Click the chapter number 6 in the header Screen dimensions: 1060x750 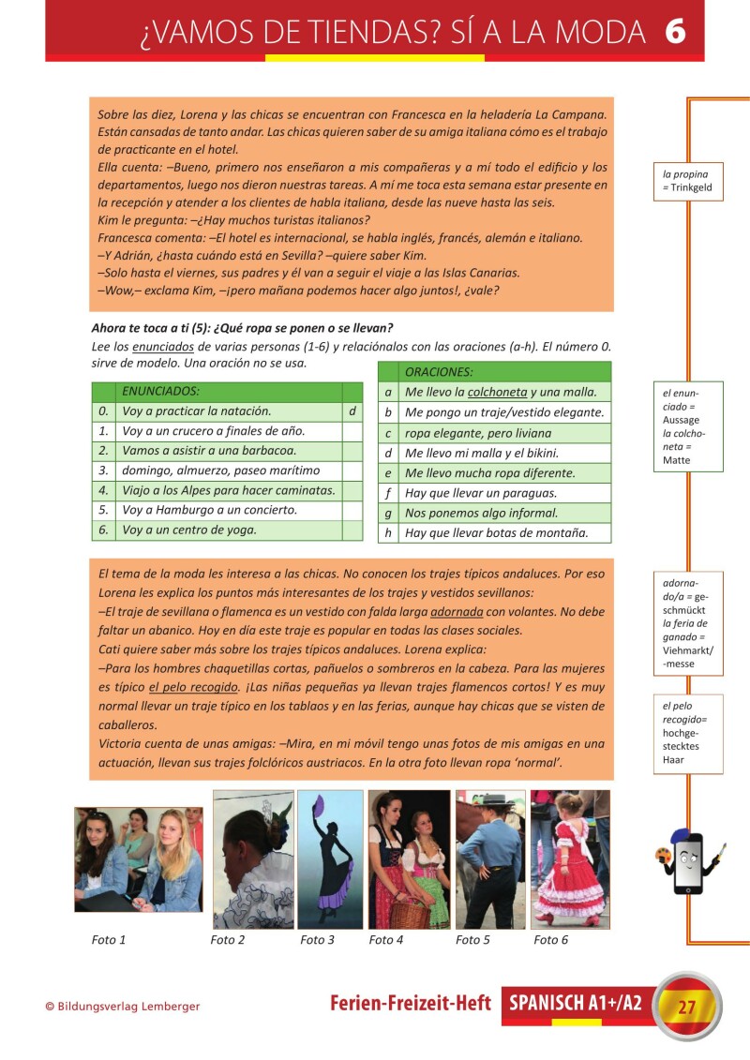675,31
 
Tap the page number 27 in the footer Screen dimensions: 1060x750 687,1008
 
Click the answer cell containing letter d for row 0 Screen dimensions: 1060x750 352,411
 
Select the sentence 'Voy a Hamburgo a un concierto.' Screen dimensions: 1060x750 210,510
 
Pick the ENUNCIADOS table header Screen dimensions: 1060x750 161,391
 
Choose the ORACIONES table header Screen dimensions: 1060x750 439,371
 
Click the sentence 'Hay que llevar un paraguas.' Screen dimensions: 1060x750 481,493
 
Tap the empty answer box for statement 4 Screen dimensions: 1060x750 352,490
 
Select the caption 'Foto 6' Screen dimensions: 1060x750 551,940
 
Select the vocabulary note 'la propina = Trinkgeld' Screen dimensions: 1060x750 688,181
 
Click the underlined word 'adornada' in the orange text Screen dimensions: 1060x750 457,611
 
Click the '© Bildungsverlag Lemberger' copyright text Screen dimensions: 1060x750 123,1007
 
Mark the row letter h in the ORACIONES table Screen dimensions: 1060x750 388,533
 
